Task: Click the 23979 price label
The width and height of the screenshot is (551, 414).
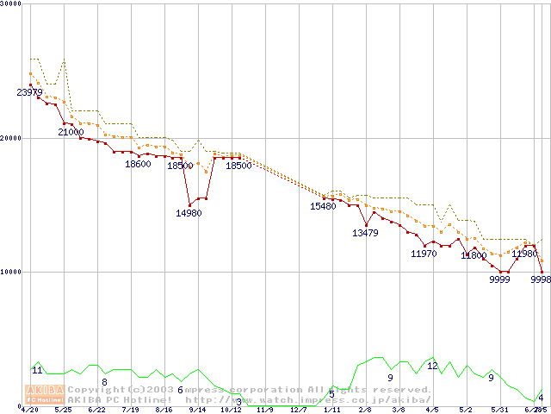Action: coord(29,92)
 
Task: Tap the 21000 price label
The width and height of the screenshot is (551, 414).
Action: coord(71,132)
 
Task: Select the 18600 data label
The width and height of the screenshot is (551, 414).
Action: coord(138,164)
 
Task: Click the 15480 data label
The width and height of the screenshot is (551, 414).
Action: coord(323,206)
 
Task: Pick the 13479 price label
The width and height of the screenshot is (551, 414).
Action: coord(365,233)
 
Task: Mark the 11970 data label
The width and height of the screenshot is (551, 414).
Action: coord(424,254)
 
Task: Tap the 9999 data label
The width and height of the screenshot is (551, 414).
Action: coord(500,279)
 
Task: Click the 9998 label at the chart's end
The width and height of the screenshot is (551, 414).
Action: coord(541,279)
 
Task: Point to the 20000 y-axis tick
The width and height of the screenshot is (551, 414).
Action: coord(12,138)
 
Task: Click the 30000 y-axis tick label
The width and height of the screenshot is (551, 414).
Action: coord(12,4)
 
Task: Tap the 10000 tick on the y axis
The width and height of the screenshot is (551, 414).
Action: coord(12,272)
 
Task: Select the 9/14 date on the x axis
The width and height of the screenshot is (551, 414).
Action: coord(197,411)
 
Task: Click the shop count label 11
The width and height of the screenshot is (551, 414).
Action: coord(37,370)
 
